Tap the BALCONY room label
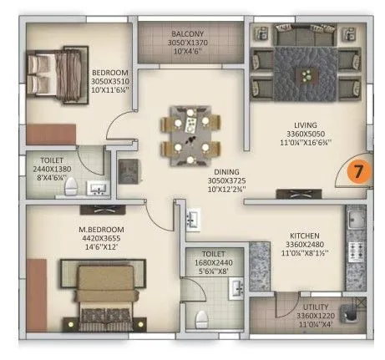tap(178, 32)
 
